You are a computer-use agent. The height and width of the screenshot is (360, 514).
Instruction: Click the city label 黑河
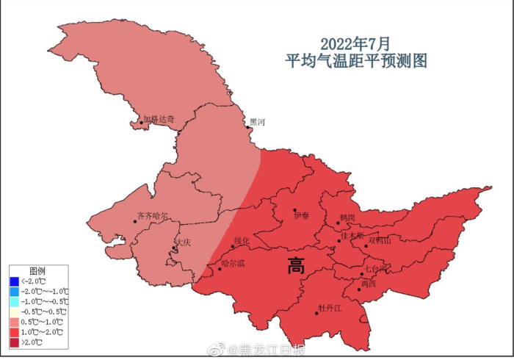(258, 122)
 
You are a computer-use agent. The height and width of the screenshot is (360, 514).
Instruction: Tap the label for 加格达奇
(159, 118)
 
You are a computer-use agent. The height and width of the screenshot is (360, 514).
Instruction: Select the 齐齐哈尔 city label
(152, 217)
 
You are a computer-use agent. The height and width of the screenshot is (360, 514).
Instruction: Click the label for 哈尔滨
(232, 264)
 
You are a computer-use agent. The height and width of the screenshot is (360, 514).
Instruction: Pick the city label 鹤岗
(347, 218)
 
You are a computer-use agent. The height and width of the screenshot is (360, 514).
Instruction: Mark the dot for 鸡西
(359, 289)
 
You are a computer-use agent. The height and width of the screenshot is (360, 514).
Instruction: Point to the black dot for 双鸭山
(364, 245)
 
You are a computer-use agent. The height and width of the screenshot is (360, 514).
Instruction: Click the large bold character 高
(297, 267)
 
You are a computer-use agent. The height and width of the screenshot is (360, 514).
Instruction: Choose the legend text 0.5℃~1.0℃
(44, 322)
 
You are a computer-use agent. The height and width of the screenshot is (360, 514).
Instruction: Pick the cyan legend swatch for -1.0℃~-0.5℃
(15, 301)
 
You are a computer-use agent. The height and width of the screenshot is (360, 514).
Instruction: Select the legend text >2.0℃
(32, 342)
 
